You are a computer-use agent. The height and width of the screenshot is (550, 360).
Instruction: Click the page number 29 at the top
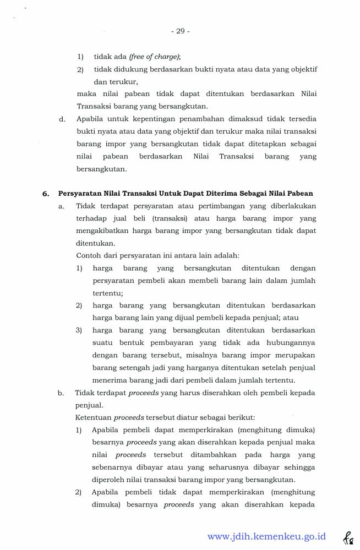click(x=181, y=31)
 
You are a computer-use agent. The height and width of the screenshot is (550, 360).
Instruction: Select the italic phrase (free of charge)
click(x=155, y=56)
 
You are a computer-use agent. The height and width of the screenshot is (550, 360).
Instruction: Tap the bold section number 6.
click(x=46, y=194)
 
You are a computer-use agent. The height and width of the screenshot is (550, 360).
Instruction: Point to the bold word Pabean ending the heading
click(x=300, y=194)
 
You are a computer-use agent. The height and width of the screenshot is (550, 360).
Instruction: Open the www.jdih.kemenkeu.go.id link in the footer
click(x=267, y=536)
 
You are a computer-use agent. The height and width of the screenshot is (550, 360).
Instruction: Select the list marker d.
click(x=62, y=119)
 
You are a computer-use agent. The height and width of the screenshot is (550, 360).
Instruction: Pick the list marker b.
click(x=61, y=393)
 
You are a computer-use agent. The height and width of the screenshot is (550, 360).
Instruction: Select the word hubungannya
click(x=287, y=342)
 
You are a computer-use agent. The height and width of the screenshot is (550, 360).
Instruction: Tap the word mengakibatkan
click(x=103, y=231)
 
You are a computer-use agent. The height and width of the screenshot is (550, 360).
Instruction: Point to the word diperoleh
click(x=111, y=480)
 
